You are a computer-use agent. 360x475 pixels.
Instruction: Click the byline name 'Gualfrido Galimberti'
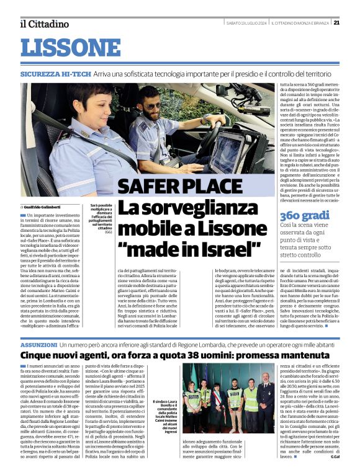(43, 206)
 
